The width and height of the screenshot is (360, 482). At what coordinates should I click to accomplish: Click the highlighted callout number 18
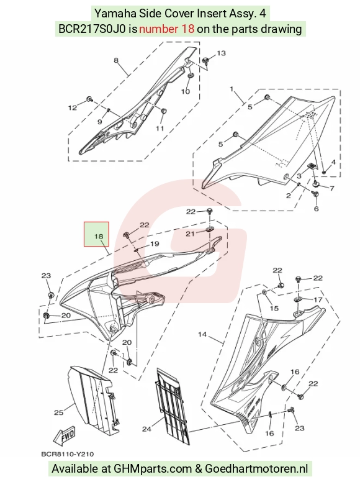[99, 237]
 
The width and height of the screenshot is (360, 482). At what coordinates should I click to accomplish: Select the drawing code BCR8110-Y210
[68, 453]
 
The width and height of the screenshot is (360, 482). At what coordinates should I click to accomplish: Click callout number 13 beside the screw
[221, 53]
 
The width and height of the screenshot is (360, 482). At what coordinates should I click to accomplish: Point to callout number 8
[116, 60]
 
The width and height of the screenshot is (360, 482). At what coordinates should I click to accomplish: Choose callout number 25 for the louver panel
[59, 412]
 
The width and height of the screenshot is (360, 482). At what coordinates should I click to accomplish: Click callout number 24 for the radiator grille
[146, 429]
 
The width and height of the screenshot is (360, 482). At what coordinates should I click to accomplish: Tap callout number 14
[202, 334]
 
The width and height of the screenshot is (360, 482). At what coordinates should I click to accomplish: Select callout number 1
[232, 89]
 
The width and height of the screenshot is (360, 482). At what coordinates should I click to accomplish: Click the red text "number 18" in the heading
[166, 29]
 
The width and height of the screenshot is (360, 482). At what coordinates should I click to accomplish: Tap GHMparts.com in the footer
[153, 468]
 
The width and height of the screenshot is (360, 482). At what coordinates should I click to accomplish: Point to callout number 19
[155, 243]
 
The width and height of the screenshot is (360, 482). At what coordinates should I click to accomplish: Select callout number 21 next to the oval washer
[190, 234]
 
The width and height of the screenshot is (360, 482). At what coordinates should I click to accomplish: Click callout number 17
[318, 299]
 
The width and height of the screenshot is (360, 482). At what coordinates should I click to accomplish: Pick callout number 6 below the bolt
[317, 209]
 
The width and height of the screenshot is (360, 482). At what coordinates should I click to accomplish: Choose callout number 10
[185, 91]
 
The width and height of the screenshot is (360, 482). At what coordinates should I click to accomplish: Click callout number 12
[73, 107]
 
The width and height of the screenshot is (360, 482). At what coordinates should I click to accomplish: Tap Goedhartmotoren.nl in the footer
[256, 468]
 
